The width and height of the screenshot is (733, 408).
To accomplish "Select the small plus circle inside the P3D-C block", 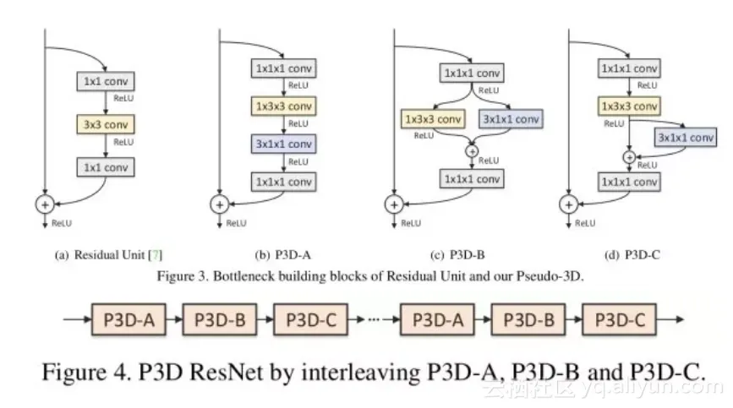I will (629, 157).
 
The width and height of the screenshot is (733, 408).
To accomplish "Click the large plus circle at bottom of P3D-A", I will (219, 204).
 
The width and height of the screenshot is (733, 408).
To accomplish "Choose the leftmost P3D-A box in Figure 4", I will (129, 320).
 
